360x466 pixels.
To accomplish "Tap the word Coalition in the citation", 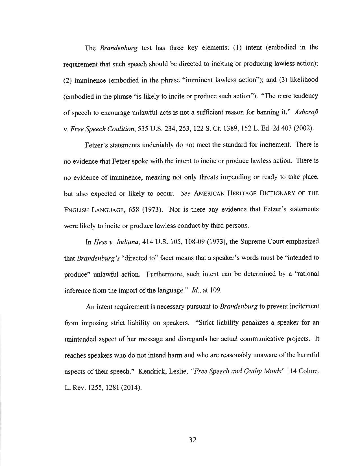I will pos(120,129).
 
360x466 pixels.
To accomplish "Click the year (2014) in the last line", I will pos(130,388).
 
